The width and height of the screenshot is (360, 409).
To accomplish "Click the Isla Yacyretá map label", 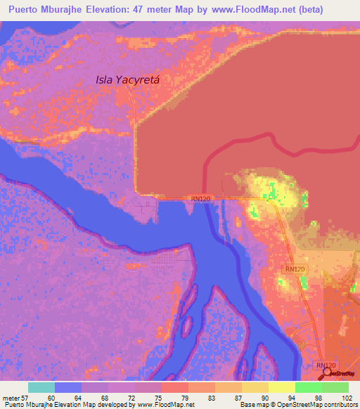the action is (x=128, y=80).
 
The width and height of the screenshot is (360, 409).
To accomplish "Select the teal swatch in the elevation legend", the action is (x=41, y=387).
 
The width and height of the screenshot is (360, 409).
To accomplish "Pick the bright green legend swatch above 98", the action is (x=309, y=387).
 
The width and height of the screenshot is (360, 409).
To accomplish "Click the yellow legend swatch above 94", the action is (x=282, y=387).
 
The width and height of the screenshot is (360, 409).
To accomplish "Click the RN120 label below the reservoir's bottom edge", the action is (x=200, y=200).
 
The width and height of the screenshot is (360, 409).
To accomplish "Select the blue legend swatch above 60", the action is (x=68, y=387).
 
